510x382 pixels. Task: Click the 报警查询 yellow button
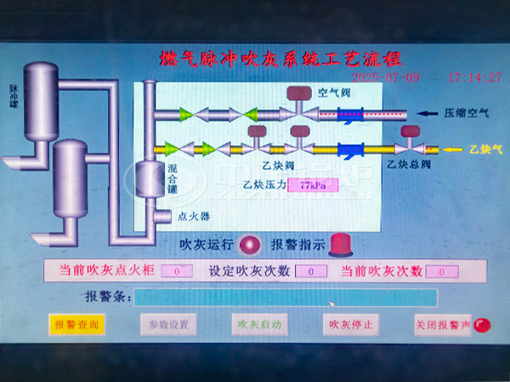coord(76,324)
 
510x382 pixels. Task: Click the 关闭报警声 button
coord(441,324)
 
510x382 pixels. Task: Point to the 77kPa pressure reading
coord(308,184)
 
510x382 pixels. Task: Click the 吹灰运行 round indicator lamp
coord(249,245)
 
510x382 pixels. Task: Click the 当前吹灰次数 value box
coord(442,272)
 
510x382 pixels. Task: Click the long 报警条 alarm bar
coord(286,297)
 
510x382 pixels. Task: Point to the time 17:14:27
coord(474,77)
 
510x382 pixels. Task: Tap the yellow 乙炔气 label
coord(485,149)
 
